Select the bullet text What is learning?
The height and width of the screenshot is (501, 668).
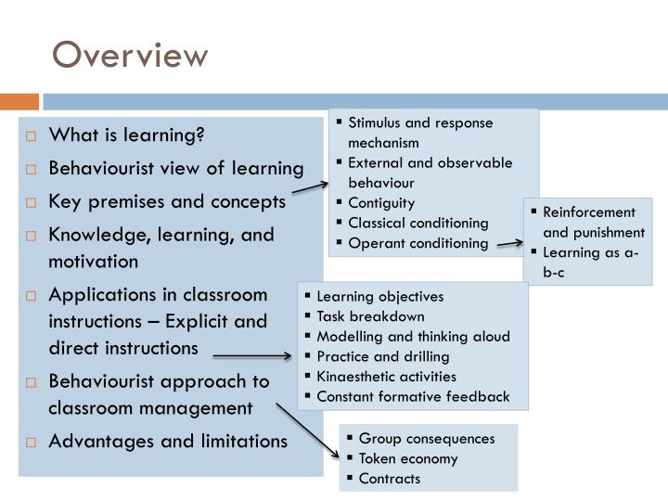click(x=126, y=135)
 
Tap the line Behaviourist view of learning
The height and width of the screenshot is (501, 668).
click(x=176, y=168)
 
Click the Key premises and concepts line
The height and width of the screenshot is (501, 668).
click(x=167, y=201)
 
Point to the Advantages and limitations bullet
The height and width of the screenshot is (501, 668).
click(x=168, y=441)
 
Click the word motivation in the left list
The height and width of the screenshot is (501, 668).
click(x=94, y=262)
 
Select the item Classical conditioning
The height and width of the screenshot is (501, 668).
click(x=417, y=223)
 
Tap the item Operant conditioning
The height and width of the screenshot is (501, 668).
click(x=417, y=243)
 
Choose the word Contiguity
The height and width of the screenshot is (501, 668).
click(x=381, y=202)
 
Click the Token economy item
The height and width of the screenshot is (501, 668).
click(x=408, y=458)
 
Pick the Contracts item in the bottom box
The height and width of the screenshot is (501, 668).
click(x=390, y=479)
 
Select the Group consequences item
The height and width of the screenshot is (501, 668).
click(x=427, y=438)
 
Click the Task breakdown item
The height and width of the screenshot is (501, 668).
click(x=370, y=316)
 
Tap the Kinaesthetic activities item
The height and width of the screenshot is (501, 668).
click(x=386, y=377)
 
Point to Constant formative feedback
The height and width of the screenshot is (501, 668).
click(x=413, y=397)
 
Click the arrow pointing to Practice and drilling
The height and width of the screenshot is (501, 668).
click(x=251, y=355)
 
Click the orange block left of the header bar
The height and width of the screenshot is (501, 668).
click(x=19, y=100)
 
